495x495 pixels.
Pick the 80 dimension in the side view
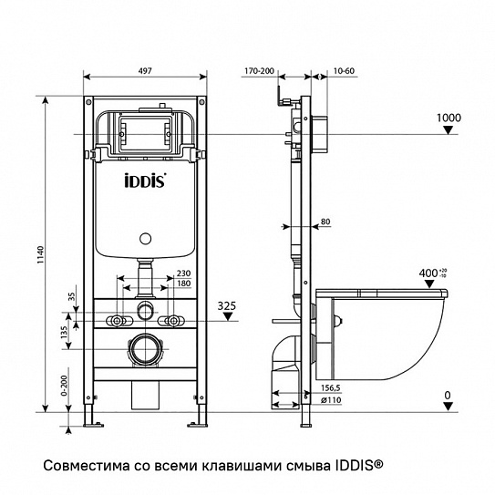pos(325,220)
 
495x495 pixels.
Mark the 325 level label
pos(228,306)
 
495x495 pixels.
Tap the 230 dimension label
pos(184,272)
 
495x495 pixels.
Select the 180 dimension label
pos(184,283)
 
